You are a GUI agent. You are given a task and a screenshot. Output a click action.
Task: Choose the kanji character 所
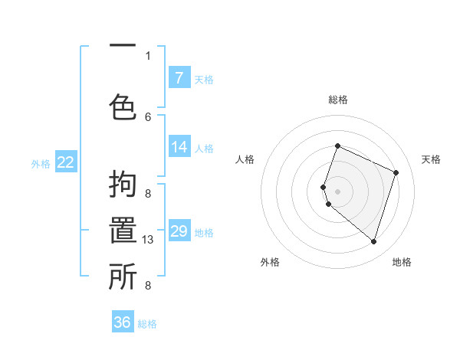click(x=123, y=277)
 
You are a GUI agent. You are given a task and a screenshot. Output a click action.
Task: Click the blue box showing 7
click(x=179, y=77)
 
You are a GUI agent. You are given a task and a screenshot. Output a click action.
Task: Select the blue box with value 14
click(x=179, y=146)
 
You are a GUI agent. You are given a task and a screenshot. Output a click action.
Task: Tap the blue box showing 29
click(x=179, y=231)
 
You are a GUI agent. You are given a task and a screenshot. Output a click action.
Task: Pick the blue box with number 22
click(x=65, y=162)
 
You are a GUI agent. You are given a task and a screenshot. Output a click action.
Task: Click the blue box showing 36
click(x=122, y=322)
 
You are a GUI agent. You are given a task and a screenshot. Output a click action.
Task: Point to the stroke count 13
click(x=149, y=240)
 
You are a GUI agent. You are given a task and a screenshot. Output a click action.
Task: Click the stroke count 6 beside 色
click(x=148, y=117)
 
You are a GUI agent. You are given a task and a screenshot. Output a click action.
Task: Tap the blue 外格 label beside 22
click(x=40, y=163)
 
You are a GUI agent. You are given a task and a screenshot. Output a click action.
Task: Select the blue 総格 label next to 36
click(x=147, y=324)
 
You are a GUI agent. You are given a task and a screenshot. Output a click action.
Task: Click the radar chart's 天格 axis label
click(x=431, y=159)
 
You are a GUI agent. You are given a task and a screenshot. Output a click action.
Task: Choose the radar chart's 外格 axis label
click(x=270, y=262)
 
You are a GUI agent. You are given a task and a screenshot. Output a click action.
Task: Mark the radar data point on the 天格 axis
click(x=396, y=172)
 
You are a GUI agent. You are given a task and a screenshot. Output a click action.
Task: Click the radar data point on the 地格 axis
click(x=373, y=242)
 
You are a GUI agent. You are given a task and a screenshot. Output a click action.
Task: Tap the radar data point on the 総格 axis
click(x=337, y=146)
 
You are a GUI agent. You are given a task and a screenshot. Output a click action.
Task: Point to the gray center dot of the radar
click(x=337, y=191)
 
